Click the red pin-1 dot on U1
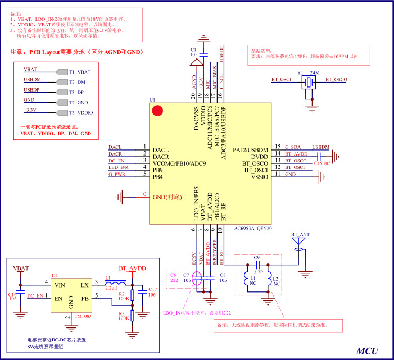158,111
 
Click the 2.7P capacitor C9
257,263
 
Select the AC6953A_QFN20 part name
252,229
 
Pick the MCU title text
368,350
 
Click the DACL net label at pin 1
115,147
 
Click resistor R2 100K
133,294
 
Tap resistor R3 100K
133,315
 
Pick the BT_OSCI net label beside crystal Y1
281,80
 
